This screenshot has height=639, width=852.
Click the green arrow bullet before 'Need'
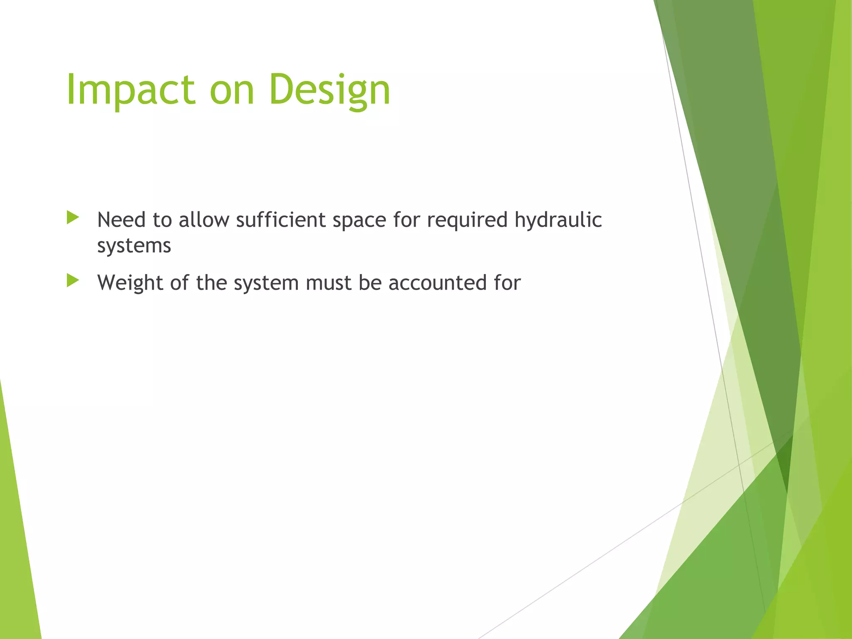point(72,218)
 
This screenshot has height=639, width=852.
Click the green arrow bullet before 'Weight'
point(72,280)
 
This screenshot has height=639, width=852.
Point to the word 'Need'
point(121,220)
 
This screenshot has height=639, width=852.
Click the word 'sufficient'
point(281,220)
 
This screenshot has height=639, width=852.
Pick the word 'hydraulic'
point(558,220)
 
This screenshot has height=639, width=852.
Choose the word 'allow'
point(204,220)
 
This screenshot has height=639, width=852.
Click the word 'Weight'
point(130,283)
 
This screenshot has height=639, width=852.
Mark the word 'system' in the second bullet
point(266,283)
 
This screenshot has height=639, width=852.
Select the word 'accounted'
point(438,283)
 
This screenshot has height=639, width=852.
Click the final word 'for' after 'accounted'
point(508,283)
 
